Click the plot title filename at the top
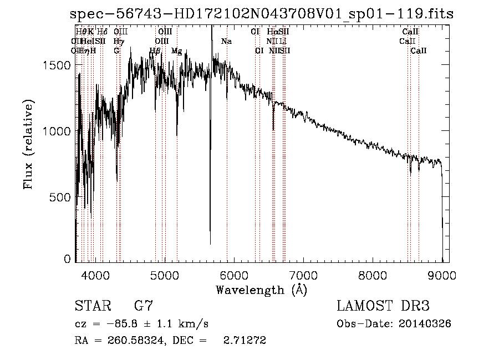pyautogui.click(x=262, y=14)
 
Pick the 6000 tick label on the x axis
pyautogui.click(x=234, y=275)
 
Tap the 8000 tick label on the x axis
pyautogui.click(x=373, y=275)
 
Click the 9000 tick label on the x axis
pyautogui.click(x=442, y=275)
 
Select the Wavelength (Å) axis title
pyautogui.click(x=261, y=290)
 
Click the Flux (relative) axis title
pyautogui.click(x=28, y=144)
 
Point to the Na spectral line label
pyautogui.click(x=226, y=41)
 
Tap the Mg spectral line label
pyautogui.click(x=176, y=50)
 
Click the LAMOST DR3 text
pyautogui.click(x=383, y=306)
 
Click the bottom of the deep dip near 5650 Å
pyautogui.click(x=210, y=243)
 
